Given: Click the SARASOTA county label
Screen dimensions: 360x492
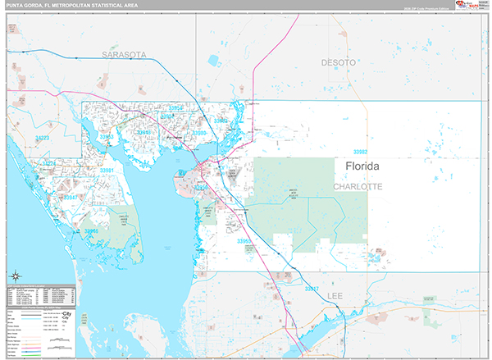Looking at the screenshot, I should (124, 54).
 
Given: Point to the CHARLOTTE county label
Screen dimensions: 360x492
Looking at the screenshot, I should (358, 187).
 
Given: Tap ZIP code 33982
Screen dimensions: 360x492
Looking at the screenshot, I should (360, 153).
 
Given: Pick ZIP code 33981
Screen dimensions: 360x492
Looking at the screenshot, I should (106, 170).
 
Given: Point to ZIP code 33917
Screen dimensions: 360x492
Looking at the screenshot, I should (312, 289).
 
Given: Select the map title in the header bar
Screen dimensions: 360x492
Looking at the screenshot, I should (69, 5).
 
